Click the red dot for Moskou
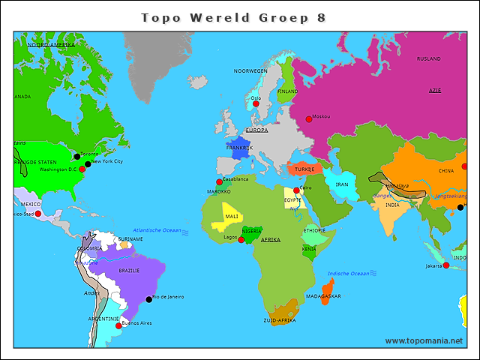[308, 119]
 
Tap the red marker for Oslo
[256, 103]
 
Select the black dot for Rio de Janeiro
[148, 300]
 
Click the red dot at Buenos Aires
[117, 325]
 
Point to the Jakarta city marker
[446, 265]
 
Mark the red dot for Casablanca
[219, 182]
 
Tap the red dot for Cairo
[296, 190]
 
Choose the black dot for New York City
[88, 163]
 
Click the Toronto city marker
[76, 157]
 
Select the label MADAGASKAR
[323, 296]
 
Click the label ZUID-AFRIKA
[279, 320]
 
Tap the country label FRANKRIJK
[240, 148]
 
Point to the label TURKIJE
[304, 169]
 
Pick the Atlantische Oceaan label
[157, 229]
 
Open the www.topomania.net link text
[424, 340]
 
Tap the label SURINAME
[130, 238]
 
